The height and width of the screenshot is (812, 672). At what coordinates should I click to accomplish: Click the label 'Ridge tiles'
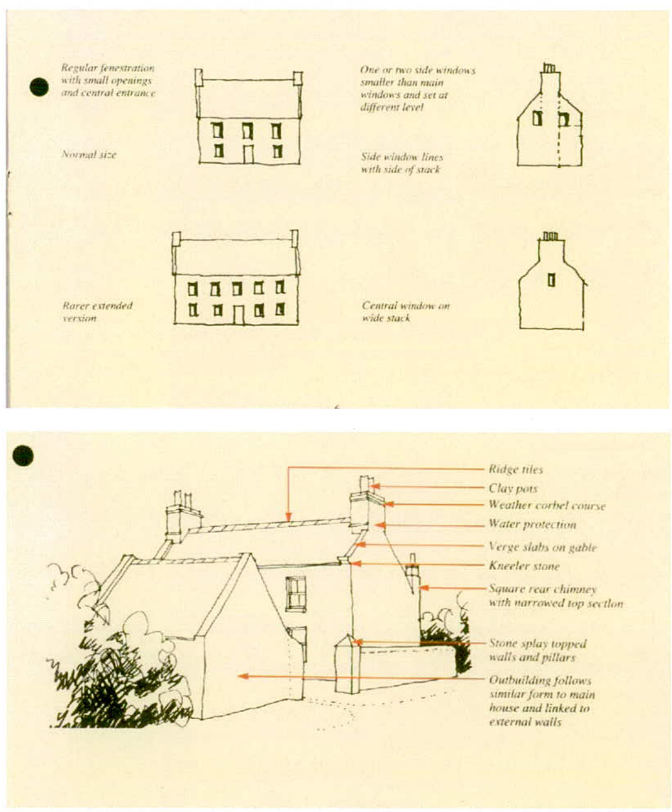point(515,469)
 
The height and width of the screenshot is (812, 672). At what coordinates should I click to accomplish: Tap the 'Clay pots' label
point(513,488)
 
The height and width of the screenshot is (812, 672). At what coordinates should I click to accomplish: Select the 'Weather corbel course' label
point(546,506)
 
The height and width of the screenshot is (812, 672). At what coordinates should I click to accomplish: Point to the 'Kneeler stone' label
point(524,566)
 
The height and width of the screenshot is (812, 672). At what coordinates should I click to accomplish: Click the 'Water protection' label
point(532,524)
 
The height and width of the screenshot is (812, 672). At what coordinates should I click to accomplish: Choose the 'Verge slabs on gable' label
point(542,547)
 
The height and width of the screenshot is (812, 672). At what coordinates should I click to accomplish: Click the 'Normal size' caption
point(89,154)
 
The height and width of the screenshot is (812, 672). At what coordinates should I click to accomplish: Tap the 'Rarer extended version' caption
point(97,311)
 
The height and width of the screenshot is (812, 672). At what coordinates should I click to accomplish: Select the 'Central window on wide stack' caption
point(405,311)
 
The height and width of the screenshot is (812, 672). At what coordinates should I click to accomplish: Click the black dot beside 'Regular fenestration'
point(39,87)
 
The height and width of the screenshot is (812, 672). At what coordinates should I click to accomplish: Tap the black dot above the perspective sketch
point(23,455)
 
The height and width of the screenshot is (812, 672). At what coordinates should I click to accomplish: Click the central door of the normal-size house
point(248,154)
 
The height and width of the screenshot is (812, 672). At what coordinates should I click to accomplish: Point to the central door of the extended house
point(239,315)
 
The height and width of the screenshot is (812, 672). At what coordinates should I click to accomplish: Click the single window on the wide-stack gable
point(551,280)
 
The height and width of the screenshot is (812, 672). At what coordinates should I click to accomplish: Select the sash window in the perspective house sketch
point(296,593)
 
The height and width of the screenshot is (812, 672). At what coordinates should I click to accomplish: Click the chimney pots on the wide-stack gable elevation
point(551,236)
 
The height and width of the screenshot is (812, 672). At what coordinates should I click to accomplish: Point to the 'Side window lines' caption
point(401,163)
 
